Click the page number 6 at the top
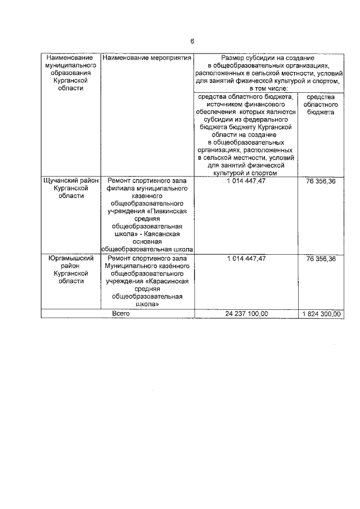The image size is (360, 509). point(192,42)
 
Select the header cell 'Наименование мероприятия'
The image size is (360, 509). point(147,58)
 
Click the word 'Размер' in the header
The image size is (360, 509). point(233,58)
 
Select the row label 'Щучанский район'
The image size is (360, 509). point(71,181)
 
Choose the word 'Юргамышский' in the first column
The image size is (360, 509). point(71,258)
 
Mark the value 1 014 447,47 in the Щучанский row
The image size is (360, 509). point(246,181)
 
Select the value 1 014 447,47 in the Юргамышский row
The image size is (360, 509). point(246,258)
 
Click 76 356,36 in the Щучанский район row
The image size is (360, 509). point(321,181)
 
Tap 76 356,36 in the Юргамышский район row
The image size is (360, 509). point(321,258)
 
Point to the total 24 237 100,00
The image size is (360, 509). point(246,314)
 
